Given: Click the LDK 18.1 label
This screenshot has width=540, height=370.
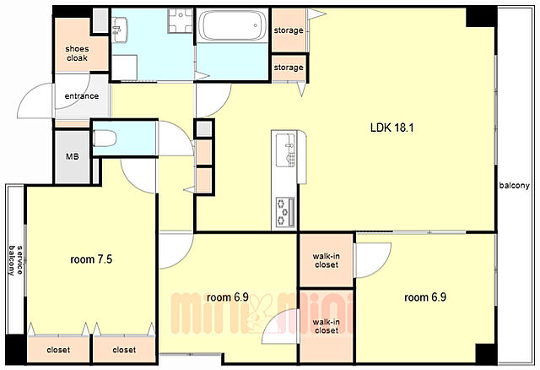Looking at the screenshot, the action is tap(391, 128).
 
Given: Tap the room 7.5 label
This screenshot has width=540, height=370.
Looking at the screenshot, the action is tap(91, 259).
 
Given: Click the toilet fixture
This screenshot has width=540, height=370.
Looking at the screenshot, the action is tap(105, 139).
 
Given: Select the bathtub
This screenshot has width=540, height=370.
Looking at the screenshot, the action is tap(233, 25).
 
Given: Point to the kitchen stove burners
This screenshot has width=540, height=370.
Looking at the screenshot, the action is tap(285, 212).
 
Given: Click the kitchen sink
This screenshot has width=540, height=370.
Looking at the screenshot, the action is tap(286, 150).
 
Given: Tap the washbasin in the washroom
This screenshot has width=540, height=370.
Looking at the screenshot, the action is tap(120, 30).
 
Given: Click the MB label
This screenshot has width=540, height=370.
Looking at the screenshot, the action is tap(73, 156).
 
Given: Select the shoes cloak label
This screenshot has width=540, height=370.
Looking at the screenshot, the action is tap(77, 53).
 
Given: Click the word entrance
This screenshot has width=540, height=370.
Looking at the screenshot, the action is tap(82, 95).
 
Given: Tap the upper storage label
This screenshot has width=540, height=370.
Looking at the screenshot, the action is tap(289, 30).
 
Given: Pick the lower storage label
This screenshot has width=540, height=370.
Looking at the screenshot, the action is tap(289, 68).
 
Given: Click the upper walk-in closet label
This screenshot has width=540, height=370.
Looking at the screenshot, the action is tap(327, 260).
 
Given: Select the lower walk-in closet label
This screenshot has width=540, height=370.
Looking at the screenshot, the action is tap(327, 326).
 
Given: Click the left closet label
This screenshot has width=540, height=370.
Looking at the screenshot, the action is tap(58, 350).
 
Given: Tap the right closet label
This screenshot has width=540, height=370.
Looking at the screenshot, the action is tap(124, 350).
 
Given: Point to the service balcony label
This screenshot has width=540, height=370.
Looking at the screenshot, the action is tap(15, 260).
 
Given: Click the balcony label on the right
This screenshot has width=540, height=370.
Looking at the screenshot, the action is tap(515, 186).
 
